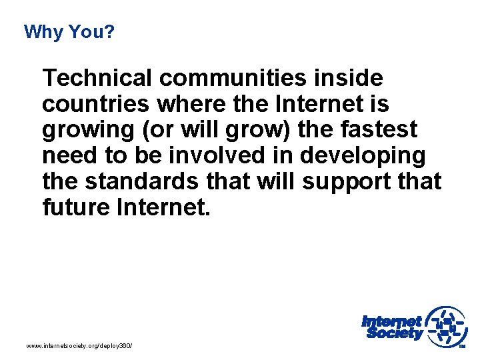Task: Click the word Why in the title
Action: (41, 31)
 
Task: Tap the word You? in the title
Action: (89, 31)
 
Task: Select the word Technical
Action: (97, 79)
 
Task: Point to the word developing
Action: (363, 157)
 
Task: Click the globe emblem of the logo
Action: (447, 326)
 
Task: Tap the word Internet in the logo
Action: (392, 321)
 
